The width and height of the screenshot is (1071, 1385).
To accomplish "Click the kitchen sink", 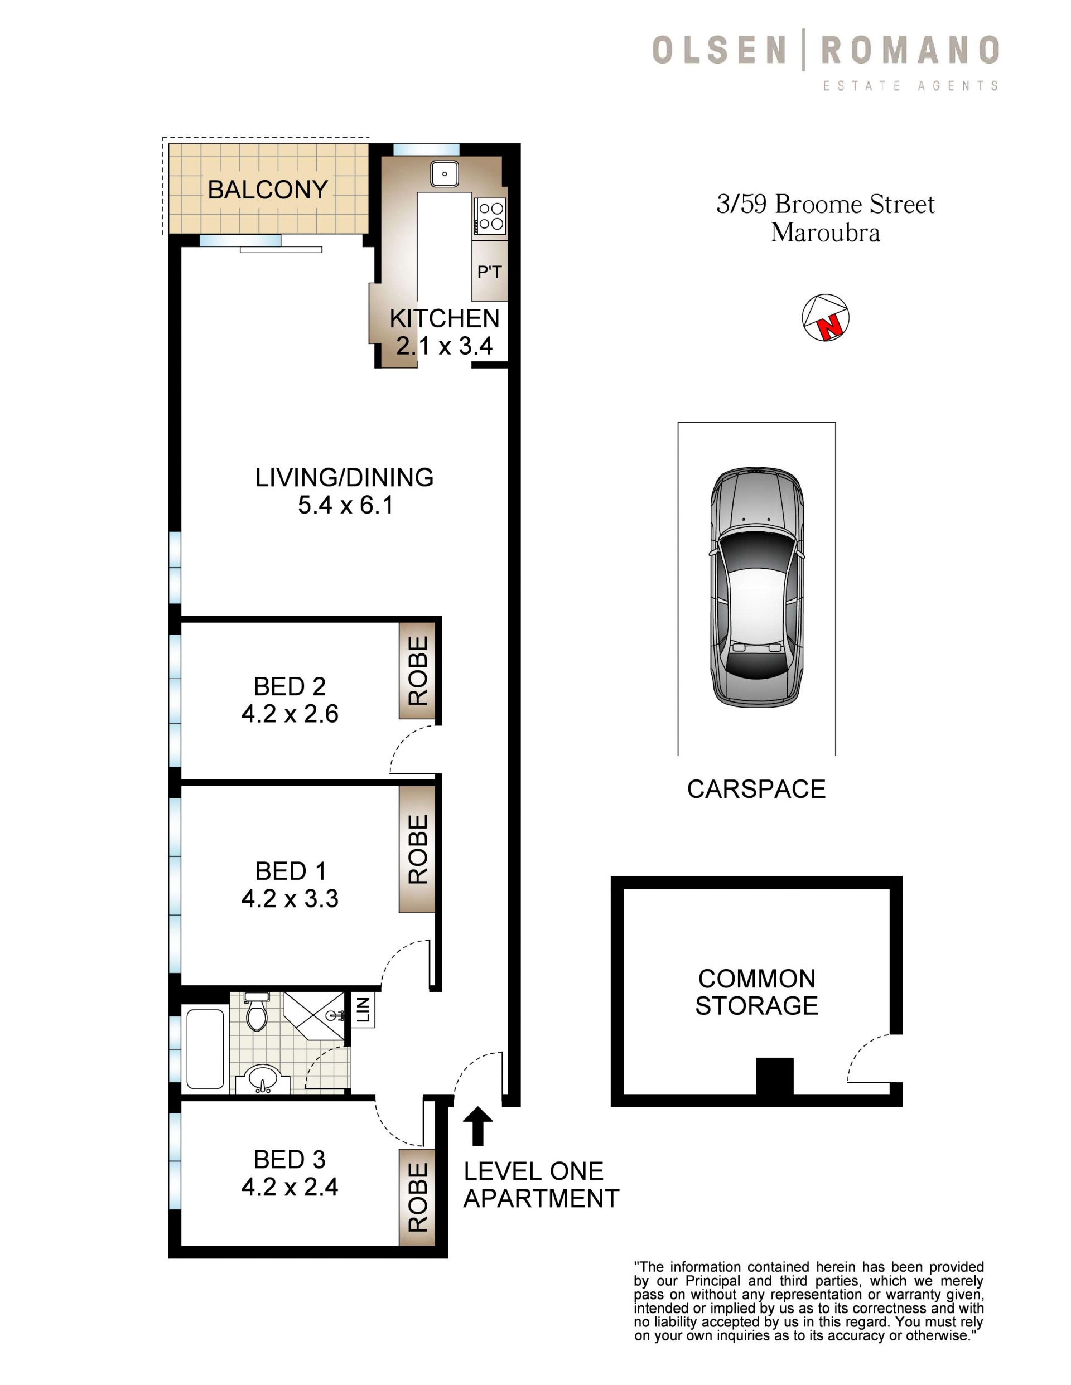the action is coord(445,173).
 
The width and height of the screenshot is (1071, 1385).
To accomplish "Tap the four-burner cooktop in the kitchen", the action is coord(490,216).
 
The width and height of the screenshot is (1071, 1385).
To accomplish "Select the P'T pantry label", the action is coord(489,272).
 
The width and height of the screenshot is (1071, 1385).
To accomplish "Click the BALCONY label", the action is coord(268,190).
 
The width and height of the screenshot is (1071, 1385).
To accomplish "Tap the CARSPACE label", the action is coord(756,789).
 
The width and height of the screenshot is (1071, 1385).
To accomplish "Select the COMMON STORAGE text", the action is coord(756,992).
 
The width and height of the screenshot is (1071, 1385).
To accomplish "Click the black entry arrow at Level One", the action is coord(477,1126).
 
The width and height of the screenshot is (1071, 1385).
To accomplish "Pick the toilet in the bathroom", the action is coord(257,1011).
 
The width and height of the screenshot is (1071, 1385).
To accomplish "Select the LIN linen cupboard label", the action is coord(363,1010).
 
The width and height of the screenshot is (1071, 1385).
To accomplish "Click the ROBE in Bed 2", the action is coord(417,670).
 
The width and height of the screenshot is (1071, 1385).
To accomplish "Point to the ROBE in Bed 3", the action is coord(417,1197).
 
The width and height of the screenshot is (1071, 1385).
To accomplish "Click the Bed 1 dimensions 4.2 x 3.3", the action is coord(290,899).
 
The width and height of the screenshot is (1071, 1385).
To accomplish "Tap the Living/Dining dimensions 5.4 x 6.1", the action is coord(346,505).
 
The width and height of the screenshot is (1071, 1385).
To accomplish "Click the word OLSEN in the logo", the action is coord(720,51).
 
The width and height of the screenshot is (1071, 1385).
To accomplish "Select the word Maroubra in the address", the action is coord(826,233).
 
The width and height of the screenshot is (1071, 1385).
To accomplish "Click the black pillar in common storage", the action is coord(775,1076).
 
